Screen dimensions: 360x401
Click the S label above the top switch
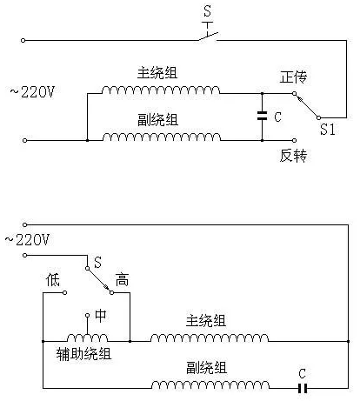(207, 11)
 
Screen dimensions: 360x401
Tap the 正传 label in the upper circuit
(293, 77)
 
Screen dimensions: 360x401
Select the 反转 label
(293, 156)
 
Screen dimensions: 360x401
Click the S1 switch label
(328, 130)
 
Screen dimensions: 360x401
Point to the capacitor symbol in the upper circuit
(262, 116)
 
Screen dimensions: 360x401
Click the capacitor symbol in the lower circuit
(303, 388)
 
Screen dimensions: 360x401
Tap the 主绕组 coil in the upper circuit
(161, 90)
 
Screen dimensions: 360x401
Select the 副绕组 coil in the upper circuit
(162, 137)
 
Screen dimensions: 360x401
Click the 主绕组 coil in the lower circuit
(210, 338)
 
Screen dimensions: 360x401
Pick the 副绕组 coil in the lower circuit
(210, 384)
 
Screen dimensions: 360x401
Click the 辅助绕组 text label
(83, 354)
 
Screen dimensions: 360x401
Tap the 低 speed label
(53, 280)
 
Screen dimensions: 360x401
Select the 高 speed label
(122, 280)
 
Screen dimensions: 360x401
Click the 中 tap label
(101, 316)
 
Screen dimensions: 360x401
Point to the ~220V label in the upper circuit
(32, 92)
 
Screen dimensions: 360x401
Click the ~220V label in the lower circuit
(27, 240)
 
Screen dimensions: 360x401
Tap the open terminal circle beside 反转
(294, 140)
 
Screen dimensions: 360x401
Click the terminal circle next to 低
(64, 292)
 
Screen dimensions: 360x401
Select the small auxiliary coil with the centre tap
(87, 338)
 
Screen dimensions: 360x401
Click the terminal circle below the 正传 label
(294, 93)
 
